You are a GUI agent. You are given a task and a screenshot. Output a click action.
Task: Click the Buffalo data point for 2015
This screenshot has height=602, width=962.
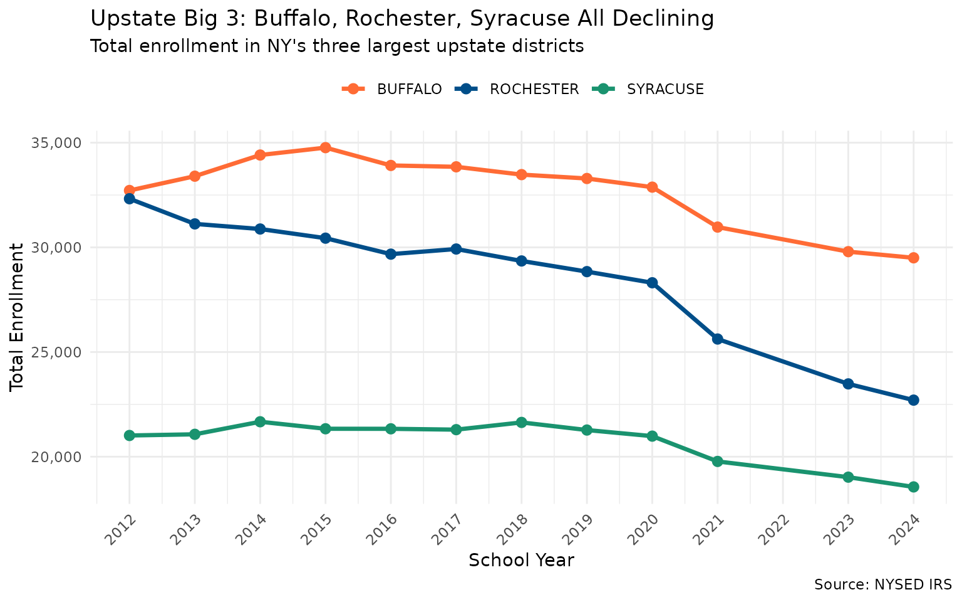tap(325, 148)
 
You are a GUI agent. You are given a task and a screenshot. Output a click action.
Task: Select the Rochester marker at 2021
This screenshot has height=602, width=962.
tap(717, 339)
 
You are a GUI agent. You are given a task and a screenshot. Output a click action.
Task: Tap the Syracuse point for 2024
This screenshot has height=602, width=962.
tap(913, 487)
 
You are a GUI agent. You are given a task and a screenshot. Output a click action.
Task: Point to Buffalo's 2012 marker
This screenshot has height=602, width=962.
tap(130, 190)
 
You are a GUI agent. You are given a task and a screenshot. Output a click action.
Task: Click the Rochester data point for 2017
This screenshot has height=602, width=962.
tap(456, 249)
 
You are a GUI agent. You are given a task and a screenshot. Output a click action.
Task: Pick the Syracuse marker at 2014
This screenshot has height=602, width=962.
tap(260, 422)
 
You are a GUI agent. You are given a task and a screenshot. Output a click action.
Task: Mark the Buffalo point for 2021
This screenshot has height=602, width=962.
tap(717, 227)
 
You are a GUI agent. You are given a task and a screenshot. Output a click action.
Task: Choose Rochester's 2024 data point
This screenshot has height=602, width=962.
tap(913, 400)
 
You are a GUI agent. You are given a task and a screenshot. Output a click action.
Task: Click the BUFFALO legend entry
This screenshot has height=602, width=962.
tap(408, 90)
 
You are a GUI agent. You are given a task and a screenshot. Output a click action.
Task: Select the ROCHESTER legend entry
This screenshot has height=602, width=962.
tap(534, 90)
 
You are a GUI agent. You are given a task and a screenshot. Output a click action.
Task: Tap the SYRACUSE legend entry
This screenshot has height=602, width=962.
tap(665, 90)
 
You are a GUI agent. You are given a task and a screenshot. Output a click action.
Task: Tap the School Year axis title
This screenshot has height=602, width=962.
tap(521, 561)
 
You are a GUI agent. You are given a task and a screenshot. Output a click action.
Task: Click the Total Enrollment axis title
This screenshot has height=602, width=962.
tap(18, 317)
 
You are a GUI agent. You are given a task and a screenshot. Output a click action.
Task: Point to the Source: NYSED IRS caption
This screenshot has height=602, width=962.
tap(882, 585)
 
